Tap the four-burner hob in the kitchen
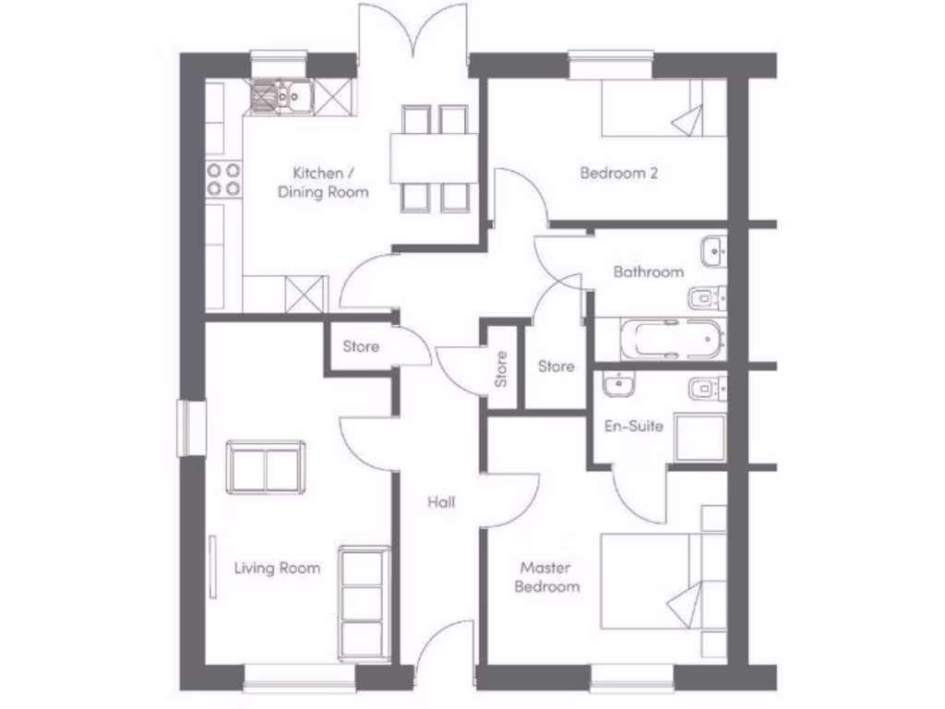223,178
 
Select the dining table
433,158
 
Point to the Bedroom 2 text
618,173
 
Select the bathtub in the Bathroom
659,339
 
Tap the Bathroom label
649,271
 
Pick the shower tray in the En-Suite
700,437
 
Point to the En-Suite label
634,426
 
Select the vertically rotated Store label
501,368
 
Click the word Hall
440,502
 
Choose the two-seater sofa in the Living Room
267,466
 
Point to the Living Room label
277,568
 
